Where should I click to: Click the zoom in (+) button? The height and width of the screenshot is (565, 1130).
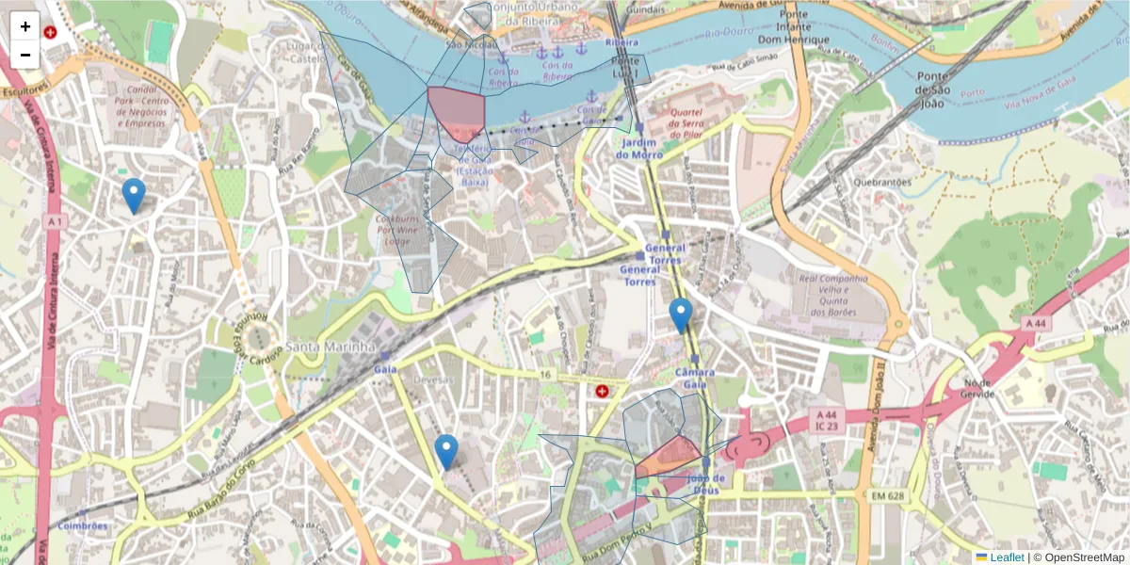25,26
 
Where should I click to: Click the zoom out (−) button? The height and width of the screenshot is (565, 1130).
25,55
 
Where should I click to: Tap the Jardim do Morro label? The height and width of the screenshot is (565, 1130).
639,148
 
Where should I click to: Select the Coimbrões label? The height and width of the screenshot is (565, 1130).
83,525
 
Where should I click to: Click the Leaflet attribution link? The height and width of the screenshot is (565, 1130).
1006,557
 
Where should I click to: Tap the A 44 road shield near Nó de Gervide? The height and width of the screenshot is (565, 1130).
1035,323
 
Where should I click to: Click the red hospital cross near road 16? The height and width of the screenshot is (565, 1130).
601,390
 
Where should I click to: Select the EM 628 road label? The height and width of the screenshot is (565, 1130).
887,495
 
